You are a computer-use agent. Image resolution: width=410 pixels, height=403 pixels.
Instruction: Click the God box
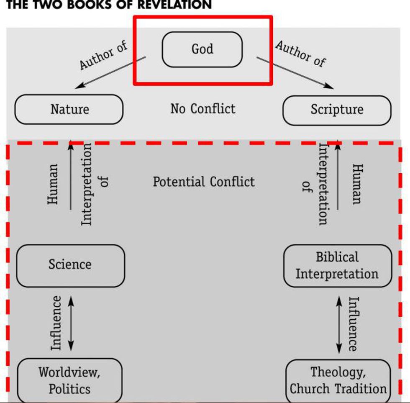pos(202,49)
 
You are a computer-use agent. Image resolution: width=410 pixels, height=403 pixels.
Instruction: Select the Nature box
pos(69,109)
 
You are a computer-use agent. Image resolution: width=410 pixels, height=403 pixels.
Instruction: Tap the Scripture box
pos(337,110)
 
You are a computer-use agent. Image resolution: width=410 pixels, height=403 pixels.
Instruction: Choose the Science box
pos(70,265)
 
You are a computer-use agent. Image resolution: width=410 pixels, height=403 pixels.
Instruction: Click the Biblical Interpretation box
pos(337,265)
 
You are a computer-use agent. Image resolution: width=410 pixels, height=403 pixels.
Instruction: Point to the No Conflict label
pos(203,109)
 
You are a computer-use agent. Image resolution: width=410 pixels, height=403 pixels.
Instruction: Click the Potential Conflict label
pos(204,182)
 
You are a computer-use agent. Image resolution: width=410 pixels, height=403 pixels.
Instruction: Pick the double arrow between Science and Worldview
pos(70,323)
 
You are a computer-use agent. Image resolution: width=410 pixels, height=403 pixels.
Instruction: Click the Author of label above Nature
pos(103,56)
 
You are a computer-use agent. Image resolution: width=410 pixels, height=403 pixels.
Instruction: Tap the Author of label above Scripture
pos(300,54)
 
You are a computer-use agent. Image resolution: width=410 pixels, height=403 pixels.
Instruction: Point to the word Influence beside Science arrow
pos(56,323)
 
